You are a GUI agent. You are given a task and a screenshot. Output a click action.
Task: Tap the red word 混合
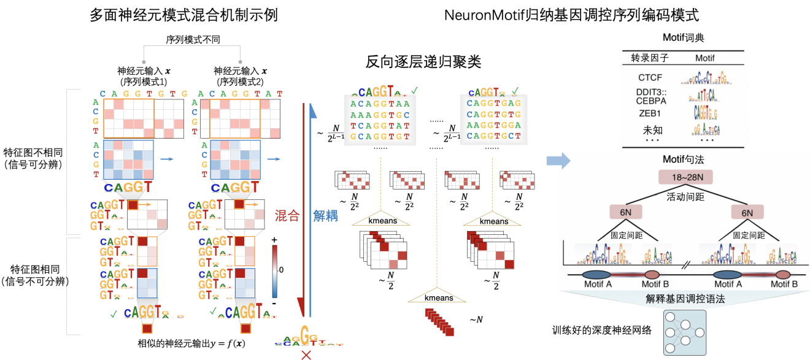[287, 215]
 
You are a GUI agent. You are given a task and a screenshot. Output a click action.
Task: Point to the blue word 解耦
[325, 215]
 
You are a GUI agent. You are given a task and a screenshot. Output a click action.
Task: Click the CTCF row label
[650, 79]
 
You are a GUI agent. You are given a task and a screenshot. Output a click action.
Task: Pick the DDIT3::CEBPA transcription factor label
[649, 96]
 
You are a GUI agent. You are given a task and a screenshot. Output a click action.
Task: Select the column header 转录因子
[649, 58]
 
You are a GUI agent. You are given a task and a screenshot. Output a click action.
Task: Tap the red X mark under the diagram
[305, 354]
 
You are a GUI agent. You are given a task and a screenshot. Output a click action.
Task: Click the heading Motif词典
[683, 37]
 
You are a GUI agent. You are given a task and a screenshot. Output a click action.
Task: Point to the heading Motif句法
[683, 159]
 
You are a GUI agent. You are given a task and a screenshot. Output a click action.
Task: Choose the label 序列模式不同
[193, 39]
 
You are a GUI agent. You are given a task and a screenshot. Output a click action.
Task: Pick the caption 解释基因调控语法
[684, 300]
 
